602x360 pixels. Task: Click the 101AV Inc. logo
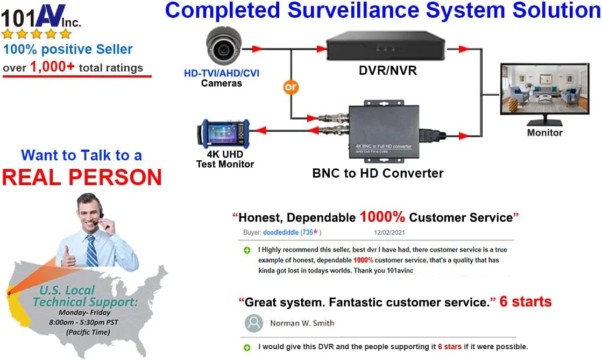pyautogui.click(x=41, y=16)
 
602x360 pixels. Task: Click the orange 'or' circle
pyautogui.click(x=291, y=87)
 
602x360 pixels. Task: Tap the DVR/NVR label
pyautogui.click(x=387, y=70)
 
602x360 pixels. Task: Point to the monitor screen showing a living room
pyautogui.click(x=544, y=89)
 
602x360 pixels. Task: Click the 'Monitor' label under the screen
pyautogui.click(x=544, y=132)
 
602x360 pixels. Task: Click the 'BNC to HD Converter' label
pyautogui.click(x=378, y=173)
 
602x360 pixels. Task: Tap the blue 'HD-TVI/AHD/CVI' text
pyautogui.click(x=222, y=73)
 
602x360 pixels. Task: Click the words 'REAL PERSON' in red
pyautogui.click(x=82, y=177)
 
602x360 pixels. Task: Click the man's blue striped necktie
pyautogui.click(x=92, y=250)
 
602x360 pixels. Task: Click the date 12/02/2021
pyautogui.click(x=389, y=232)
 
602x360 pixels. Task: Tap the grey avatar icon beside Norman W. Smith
pyautogui.click(x=254, y=323)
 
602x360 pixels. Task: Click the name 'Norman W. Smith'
pyautogui.click(x=302, y=323)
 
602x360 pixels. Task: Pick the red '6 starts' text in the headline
pyautogui.click(x=526, y=302)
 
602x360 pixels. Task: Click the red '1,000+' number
pyautogui.click(x=52, y=67)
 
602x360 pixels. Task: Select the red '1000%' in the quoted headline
pyautogui.click(x=382, y=217)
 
